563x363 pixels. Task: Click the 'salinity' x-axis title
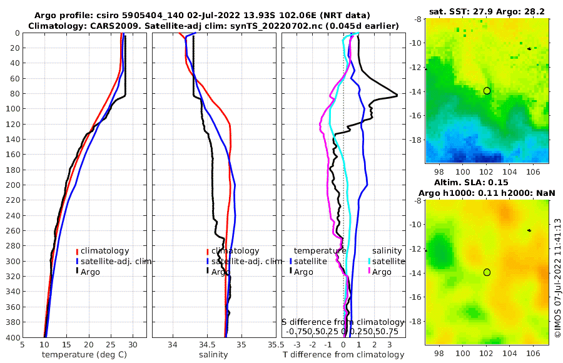click(214, 355)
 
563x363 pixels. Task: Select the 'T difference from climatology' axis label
click(343, 355)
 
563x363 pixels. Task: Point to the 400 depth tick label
click(11, 337)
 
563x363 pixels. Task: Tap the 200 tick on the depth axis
click(11, 185)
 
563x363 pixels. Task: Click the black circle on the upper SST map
click(487, 91)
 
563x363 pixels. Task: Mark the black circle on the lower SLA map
click(487, 272)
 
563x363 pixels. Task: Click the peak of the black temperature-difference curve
click(397, 95)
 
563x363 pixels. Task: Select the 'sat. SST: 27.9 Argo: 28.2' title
click(487, 12)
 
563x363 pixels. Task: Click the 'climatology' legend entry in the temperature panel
click(105, 251)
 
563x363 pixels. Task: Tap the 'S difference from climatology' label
click(343, 321)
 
